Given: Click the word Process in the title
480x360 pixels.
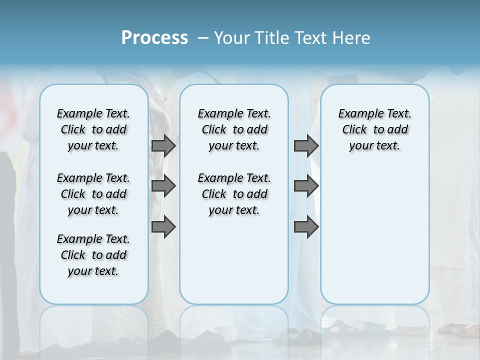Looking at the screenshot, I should [x=154, y=38].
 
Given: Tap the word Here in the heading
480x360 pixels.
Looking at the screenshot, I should [x=352, y=38].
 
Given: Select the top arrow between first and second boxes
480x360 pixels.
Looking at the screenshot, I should [x=163, y=145].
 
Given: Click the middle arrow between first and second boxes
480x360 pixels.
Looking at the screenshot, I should [x=163, y=186].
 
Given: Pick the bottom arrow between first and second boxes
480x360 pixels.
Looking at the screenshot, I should [x=163, y=226].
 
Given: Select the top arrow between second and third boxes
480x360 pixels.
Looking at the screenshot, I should [x=306, y=145].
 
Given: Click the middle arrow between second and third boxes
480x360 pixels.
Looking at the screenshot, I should [x=306, y=186].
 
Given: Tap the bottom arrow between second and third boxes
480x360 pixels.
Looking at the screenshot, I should [x=306, y=226].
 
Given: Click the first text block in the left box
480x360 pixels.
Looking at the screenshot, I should [x=93, y=129].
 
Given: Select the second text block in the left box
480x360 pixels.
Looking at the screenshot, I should [x=93, y=194].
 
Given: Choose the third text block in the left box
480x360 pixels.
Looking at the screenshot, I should [x=93, y=255].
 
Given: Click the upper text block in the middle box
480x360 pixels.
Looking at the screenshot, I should [x=234, y=129].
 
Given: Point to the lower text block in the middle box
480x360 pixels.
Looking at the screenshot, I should [x=234, y=194].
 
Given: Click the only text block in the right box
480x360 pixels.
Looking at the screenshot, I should [x=374, y=129].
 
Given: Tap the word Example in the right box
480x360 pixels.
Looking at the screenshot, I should [x=356, y=113].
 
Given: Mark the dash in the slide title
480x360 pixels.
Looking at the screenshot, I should [x=203, y=38].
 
